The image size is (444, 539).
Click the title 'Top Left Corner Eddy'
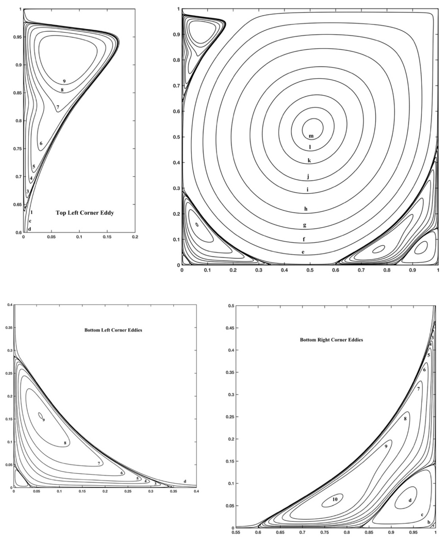point(85,213)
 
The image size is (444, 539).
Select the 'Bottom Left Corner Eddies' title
point(113,330)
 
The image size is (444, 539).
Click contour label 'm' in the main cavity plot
point(311,136)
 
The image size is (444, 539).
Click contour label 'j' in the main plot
point(308,177)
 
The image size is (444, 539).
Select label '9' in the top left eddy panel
point(64,81)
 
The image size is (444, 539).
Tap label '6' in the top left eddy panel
point(41,143)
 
